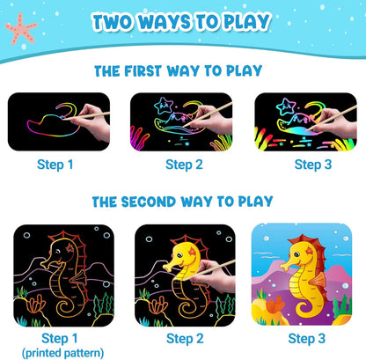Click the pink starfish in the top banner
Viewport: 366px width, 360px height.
[21, 29]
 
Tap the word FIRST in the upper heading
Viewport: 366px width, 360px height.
[143, 71]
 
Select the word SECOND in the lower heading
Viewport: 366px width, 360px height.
[149, 202]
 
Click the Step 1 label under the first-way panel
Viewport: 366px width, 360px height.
[55, 165]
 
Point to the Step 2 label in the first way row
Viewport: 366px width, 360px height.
[184, 165]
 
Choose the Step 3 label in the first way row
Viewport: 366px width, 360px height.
[313, 165]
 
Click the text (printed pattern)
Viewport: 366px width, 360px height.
[62, 353]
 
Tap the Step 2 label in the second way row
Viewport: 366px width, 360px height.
[185, 339]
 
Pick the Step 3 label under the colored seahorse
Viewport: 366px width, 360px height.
[307, 339]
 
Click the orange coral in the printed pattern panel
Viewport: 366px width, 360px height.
[36, 304]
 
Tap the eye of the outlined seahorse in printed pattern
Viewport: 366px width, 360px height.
[57, 252]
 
